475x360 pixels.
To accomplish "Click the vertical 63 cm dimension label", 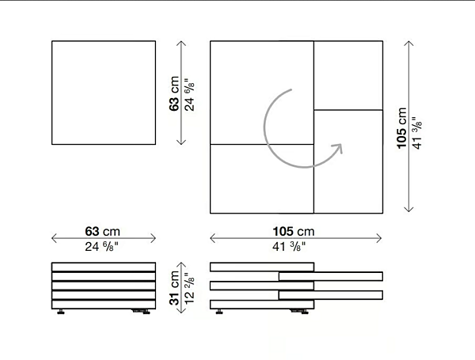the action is (x=174, y=93).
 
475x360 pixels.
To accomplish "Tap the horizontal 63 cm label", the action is (x=102, y=231).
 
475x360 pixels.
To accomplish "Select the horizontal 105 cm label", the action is (x=294, y=231).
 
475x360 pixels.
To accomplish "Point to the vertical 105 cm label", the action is (x=401, y=128).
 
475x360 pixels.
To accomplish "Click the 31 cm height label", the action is (x=174, y=288).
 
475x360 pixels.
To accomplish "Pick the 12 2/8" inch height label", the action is (x=189, y=289).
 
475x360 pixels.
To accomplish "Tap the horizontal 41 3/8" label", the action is (x=289, y=246).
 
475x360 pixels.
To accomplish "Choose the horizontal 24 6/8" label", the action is (x=101, y=246).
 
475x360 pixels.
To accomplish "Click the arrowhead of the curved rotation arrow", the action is (x=338, y=148).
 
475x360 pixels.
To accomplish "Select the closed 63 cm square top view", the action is (x=104, y=93).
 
